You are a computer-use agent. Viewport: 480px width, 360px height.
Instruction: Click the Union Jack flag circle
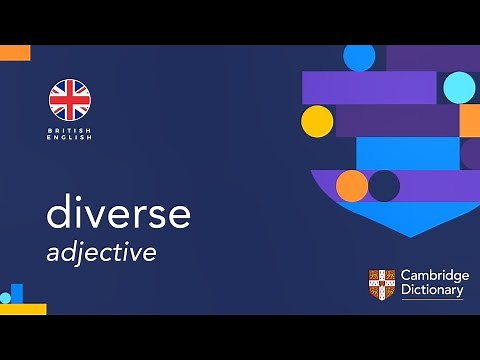[x=70, y=99]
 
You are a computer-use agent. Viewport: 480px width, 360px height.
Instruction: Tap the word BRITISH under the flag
[x=70, y=130]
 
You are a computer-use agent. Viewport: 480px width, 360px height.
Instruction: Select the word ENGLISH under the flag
[x=70, y=138]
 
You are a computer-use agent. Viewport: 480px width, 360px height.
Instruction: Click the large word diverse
[x=118, y=213]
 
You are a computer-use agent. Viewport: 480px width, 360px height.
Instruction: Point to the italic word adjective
[x=101, y=252]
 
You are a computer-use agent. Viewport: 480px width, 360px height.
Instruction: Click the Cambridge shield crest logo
[x=381, y=283]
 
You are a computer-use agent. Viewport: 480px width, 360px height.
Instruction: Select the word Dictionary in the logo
[x=431, y=291]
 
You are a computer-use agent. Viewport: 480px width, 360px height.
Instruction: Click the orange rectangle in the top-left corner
[x=15, y=52]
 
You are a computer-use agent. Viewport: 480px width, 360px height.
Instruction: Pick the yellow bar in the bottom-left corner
[x=23, y=309]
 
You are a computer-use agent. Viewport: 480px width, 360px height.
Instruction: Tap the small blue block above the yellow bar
[x=17, y=293]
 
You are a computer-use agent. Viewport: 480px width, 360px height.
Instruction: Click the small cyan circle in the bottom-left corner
[x=5, y=298]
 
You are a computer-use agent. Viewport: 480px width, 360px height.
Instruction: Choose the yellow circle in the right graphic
[x=317, y=121]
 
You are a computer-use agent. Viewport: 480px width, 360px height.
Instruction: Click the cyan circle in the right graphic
[x=459, y=88]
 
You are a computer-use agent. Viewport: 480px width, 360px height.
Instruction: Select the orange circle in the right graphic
[x=352, y=185]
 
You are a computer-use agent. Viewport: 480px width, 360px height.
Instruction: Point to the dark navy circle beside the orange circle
[x=384, y=185]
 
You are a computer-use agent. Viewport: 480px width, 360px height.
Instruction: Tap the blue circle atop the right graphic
[x=359, y=57]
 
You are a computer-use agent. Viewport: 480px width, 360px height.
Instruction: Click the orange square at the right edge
[x=469, y=121]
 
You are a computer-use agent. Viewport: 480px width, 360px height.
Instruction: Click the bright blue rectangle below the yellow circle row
[x=407, y=153]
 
